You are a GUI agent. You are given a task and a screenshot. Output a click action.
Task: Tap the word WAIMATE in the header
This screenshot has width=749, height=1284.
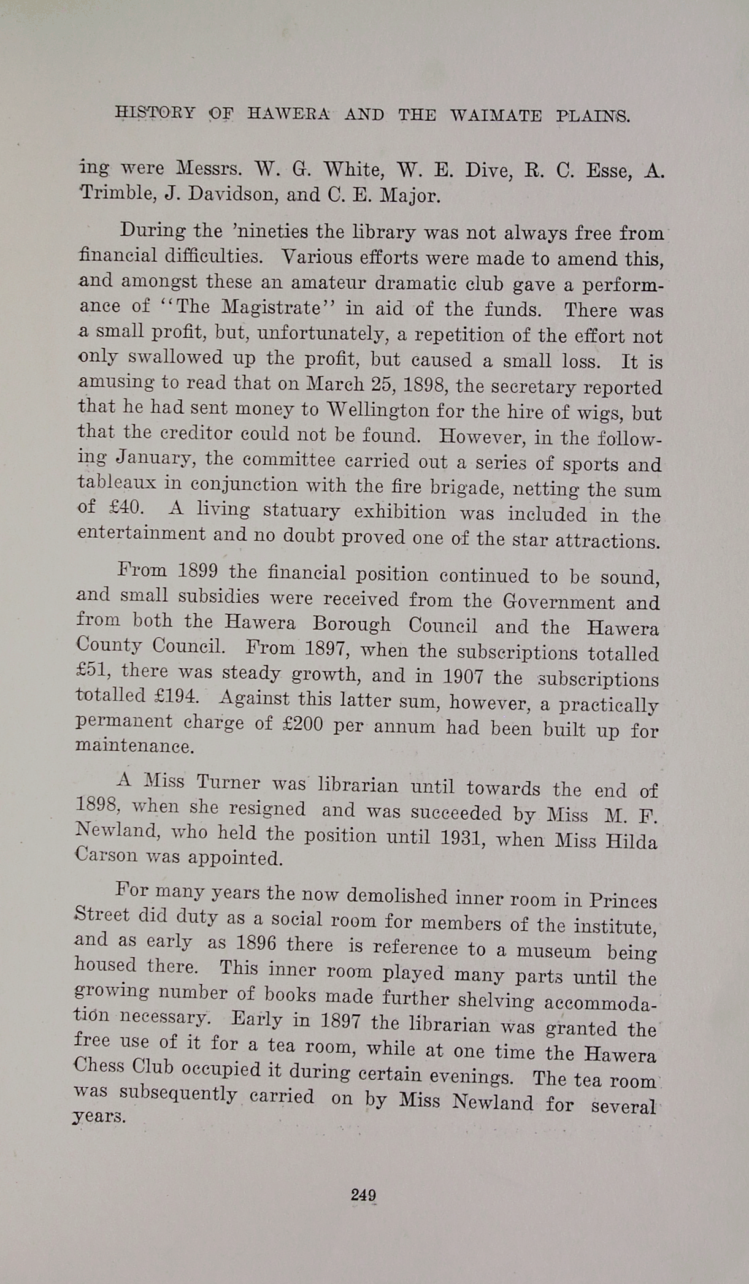click(x=496, y=115)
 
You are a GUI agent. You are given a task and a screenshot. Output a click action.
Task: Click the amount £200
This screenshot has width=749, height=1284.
click(x=302, y=724)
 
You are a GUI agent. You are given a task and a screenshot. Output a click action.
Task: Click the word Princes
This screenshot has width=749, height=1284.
click(x=623, y=901)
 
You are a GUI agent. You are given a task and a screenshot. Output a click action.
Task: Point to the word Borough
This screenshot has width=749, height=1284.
click(x=351, y=624)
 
